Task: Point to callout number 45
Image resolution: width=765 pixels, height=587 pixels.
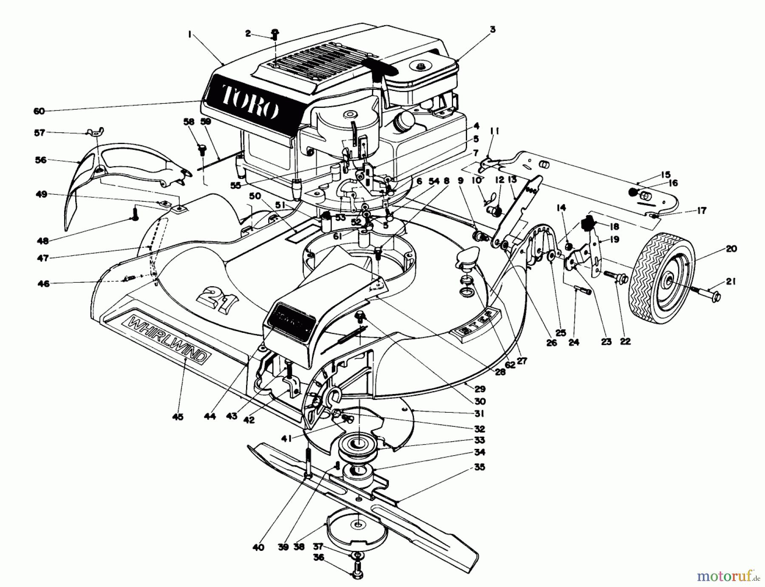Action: pyautogui.click(x=178, y=417)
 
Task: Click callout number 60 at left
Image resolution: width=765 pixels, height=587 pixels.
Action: pyautogui.click(x=39, y=111)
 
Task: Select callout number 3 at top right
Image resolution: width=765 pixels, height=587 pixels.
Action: pyautogui.click(x=493, y=29)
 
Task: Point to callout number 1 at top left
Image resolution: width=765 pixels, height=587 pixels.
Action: pyautogui.click(x=189, y=35)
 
